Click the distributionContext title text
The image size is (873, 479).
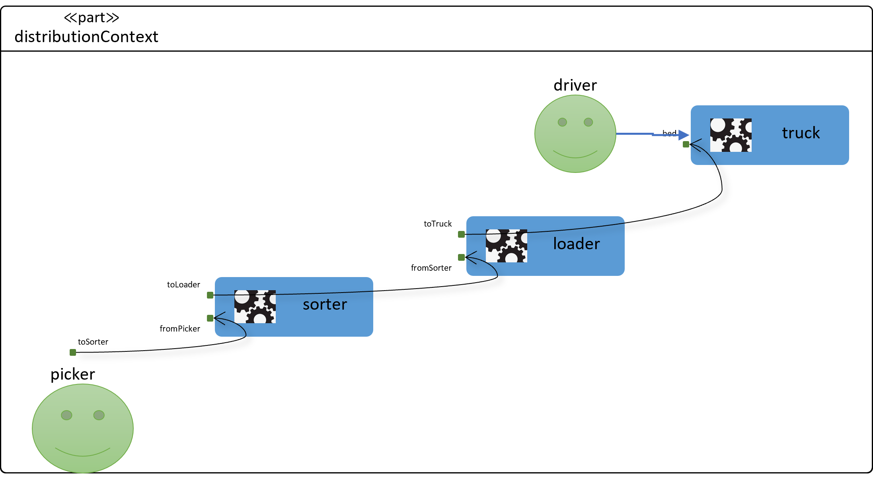coord(86,37)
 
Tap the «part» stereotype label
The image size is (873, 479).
coord(92,17)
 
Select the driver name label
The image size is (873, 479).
coord(575,85)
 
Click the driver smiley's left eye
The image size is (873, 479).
coord(562,122)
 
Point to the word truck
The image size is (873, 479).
coord(801,133)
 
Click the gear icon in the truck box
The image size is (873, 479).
coord(731,135)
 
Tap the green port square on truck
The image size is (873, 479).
coord(686,144)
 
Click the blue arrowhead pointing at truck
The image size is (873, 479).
coord(684,135)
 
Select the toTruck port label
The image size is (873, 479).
coord(438,224)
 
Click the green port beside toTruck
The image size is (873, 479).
coord(462,235)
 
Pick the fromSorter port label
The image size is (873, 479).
coord(431,268)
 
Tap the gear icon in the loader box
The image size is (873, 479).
coord(507,246)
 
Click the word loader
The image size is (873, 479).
coord(576,244)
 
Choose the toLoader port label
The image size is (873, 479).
coord(183,285)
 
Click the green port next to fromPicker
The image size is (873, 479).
coord(210,318)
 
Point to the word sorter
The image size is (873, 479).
coord(325,304)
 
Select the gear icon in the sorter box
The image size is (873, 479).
coord(255,306)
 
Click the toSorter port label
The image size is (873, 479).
coord(93,342)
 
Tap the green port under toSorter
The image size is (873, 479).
coord(73,352)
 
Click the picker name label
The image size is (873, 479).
coord(73,374)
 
